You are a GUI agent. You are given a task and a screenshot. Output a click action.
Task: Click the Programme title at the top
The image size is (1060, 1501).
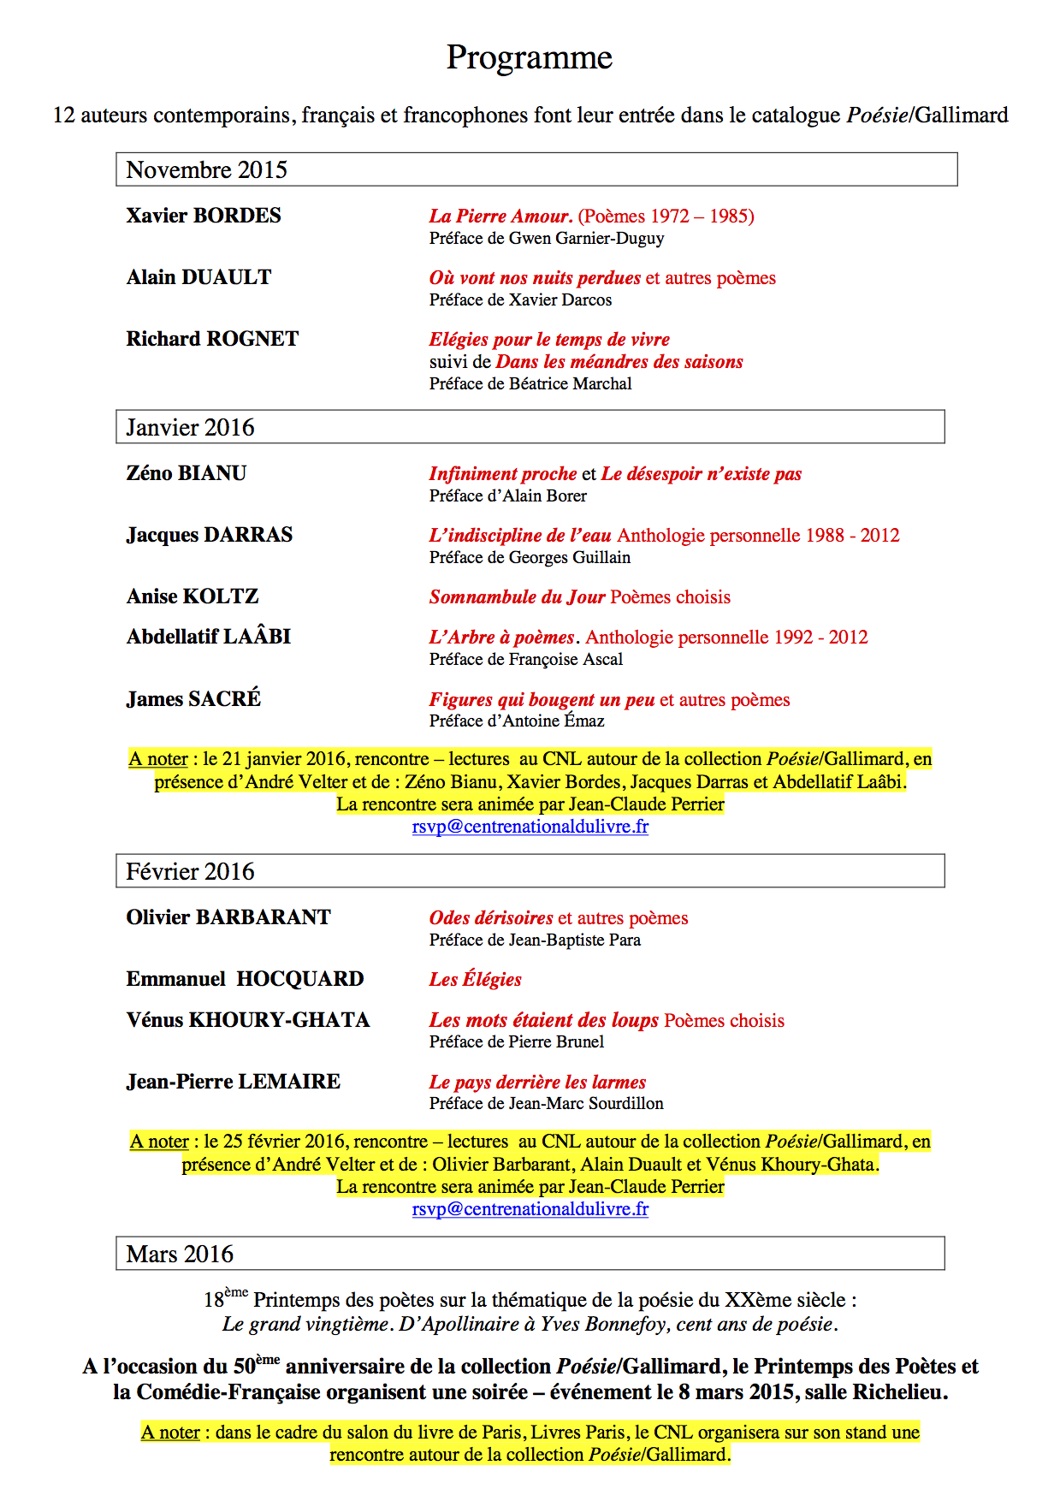click(529, 57)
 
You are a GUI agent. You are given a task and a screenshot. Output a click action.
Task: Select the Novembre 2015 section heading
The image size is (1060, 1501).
click(206, 169)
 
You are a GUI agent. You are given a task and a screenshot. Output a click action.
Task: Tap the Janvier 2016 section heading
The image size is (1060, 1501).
click(190, 427)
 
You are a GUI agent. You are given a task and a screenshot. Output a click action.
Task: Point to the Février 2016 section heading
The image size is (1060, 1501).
click(190, 871)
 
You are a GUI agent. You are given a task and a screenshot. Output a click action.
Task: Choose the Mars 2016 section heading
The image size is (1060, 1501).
click(180, 1254)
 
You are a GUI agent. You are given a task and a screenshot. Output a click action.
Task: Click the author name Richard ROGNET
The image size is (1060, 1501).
click(212, 339)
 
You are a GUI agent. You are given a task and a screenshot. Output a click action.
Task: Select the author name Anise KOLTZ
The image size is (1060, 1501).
click(192, 596)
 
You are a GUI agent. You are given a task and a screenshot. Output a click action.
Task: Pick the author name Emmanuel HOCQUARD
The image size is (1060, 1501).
click(245, 979)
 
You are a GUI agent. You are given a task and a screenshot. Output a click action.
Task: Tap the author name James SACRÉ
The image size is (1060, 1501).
click(193, 699)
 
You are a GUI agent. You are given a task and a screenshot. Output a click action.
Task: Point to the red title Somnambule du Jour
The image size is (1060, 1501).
click(517, 596)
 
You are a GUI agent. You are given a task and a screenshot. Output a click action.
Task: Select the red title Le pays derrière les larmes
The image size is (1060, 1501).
click(537, 1082)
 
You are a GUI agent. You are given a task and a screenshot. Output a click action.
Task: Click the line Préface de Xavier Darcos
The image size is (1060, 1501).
click(520, 300)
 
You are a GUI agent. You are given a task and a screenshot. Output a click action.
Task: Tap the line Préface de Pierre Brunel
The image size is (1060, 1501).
click(517, 1041)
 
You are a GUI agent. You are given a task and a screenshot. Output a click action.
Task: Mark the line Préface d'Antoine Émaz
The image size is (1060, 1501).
click(517, 721)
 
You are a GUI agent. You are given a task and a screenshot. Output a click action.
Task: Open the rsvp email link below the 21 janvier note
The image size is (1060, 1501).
click(530, 827)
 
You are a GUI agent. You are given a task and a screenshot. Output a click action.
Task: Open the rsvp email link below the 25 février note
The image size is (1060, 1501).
click(530, 1209)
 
